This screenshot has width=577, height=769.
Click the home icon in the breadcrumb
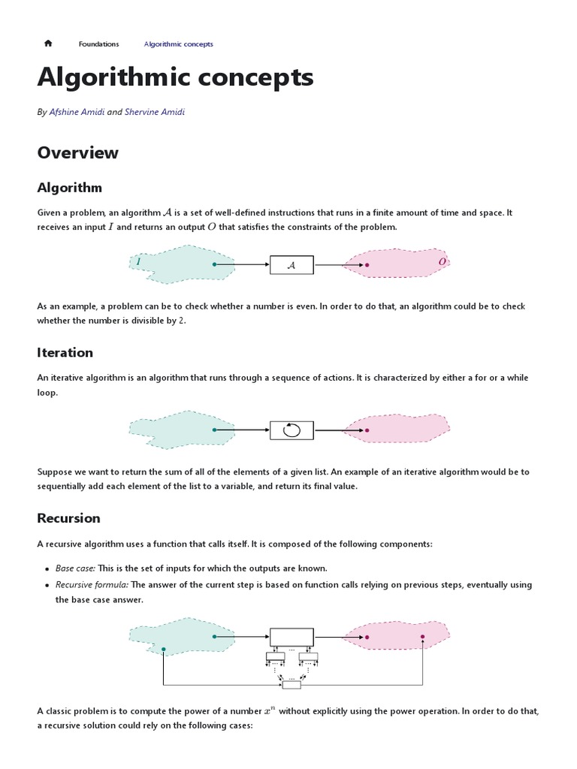48,44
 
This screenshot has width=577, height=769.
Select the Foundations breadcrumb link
98,44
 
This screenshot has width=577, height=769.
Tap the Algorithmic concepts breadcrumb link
179,44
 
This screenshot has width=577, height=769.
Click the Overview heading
78,152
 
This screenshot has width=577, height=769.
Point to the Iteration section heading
65,352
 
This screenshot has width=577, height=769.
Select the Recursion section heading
68,518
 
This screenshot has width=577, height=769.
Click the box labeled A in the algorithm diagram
292,264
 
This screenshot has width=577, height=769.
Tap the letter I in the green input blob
138,261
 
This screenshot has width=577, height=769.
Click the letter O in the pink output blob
442,261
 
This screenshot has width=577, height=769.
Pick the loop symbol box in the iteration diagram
292,430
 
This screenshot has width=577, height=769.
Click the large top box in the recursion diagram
292,637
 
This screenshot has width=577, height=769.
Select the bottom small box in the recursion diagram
292,684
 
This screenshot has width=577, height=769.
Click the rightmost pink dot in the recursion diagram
422,637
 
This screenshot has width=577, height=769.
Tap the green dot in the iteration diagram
215,430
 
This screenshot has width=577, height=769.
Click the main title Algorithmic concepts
176,77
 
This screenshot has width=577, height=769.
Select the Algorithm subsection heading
70,187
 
